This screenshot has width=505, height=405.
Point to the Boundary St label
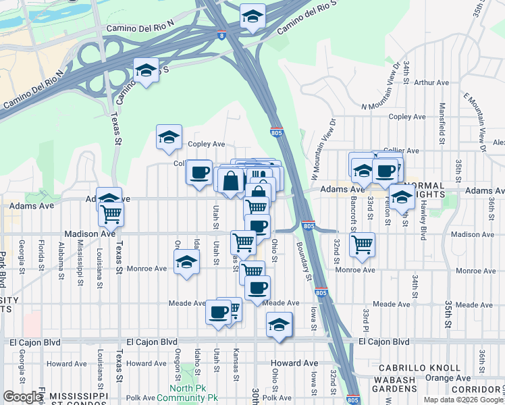(x=304, y=261)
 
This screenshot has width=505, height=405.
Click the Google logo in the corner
(x=22, y=397)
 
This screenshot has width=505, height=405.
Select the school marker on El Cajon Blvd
(x=279, y=324)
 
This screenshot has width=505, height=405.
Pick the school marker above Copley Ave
(x=169, y=137)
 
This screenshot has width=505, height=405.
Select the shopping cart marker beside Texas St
(x=111, y=214)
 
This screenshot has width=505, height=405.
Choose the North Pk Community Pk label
(x=186, y=393)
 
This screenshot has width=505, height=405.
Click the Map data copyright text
(x=463, y=400)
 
